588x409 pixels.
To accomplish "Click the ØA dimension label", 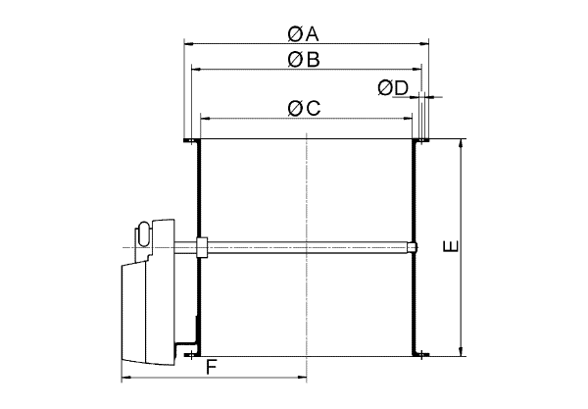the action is click(x=303, y=34).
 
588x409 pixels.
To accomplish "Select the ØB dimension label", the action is click(x=304, y=60).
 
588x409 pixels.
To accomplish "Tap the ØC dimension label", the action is click(x=304, y=109).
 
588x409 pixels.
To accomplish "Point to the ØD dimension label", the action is click(x=393, y=88).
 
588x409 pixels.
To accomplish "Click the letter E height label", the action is click(x=451, y=246).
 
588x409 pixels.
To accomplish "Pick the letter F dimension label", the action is click(x=212, y=368).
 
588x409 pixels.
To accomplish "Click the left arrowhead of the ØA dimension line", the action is click(x=188, y=44).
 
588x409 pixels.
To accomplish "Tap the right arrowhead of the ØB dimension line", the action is click(x=417, y=69).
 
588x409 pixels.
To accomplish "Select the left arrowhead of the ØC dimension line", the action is click(x=205, y=119).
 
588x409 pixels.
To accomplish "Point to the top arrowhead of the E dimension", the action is click(x=461, y=144).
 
